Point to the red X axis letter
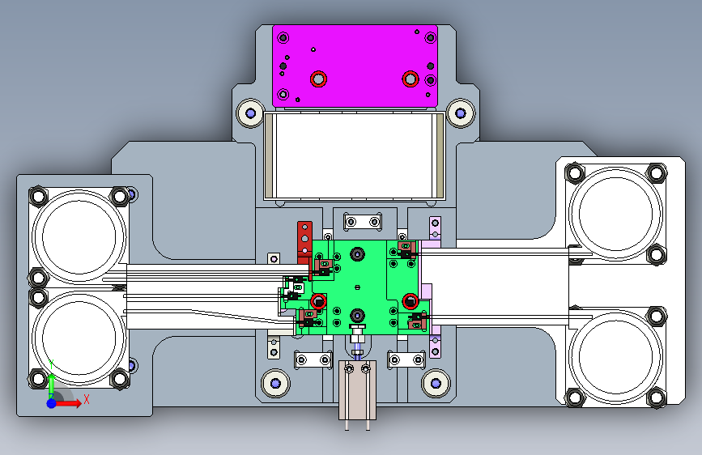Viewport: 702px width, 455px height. click(87, 399)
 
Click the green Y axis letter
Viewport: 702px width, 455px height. click(52, 364)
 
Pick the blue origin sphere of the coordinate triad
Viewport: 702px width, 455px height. click(52, 403)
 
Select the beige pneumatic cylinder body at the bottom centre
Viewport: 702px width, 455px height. click(357, 389)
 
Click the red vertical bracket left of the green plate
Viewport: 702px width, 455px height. click(305, 244)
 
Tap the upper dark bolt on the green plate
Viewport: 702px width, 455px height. click(357, 254)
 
